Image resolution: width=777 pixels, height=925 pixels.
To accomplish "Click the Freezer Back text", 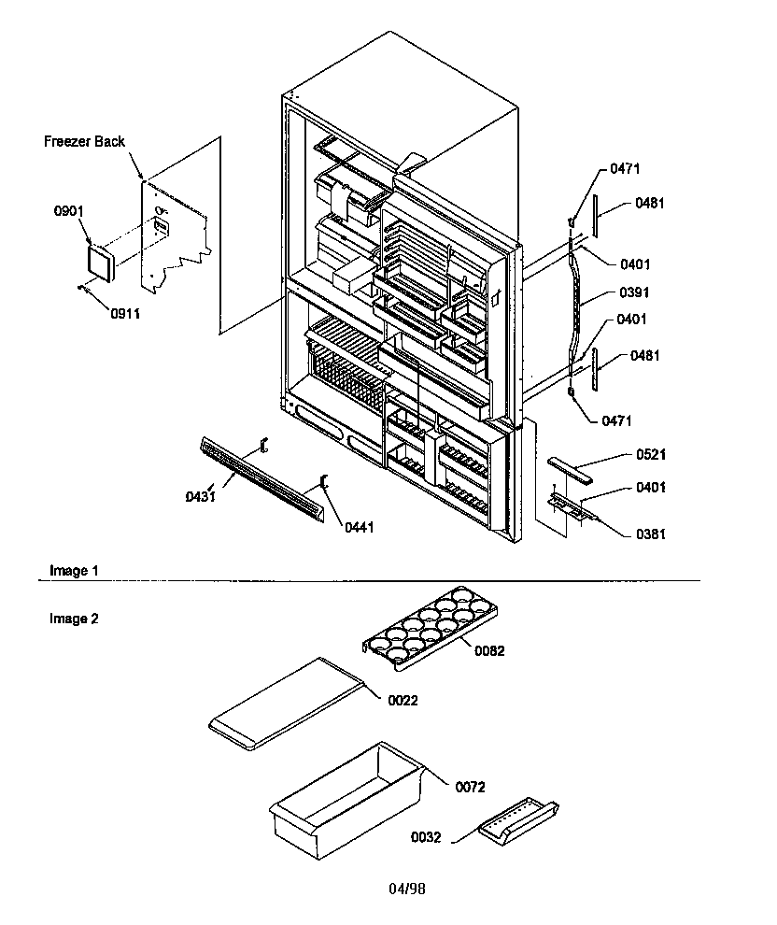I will pyautogui.click(x=84, y=142).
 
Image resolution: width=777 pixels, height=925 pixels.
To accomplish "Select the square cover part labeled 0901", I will pyautogui.click(x=97, y=262).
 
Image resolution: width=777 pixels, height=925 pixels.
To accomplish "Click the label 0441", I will pyautogui.click(x=359, y=528).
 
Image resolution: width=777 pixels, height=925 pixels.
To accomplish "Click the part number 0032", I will pyautogui.click(x=426, y=837).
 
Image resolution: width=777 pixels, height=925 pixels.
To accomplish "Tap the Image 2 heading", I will pyautogui.click(x=73, y=618).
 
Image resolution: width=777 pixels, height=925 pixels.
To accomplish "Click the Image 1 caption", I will pyautogui.click(x=73, y=570).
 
